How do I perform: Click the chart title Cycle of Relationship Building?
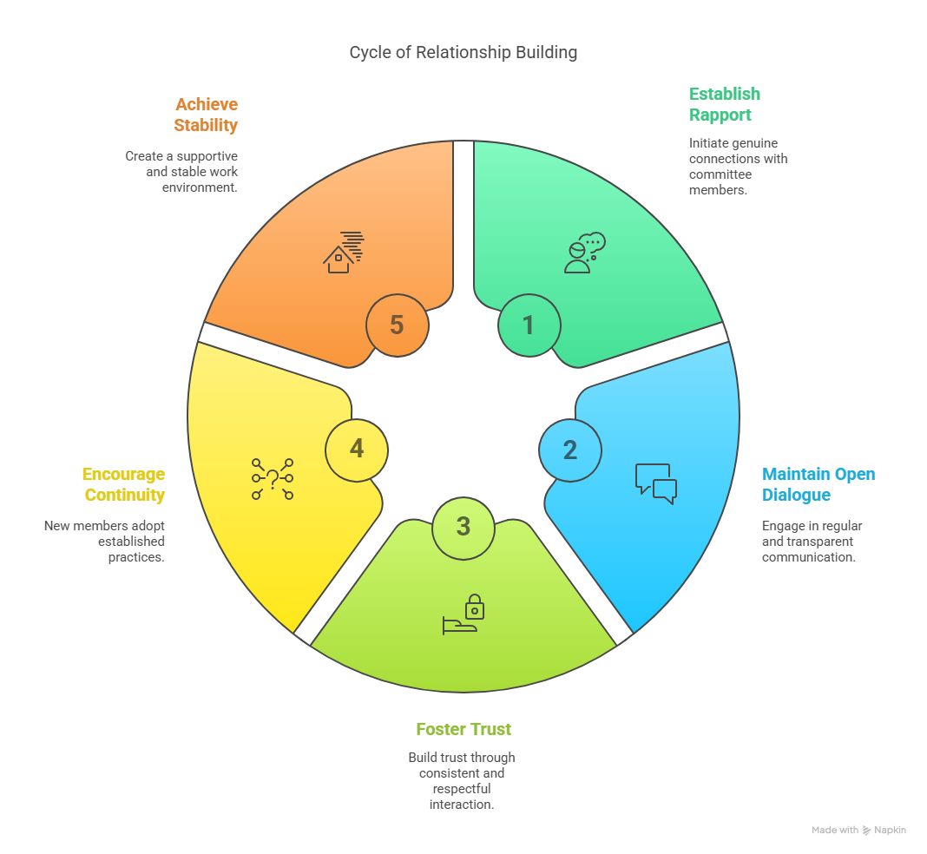pyautogui.click(x=463, y=52)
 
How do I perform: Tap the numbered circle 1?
pyautogui.click(x=529, y=325)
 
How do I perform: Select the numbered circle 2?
pyautogui.click(x=569, y=450)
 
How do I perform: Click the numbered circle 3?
pyautogui.click(x=463, y=527)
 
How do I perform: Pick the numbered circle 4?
pyautogui.click(x=356, y=449)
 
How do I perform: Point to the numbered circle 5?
pyautogui.click(x=397, y=325)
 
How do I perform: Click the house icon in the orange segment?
pyautogui.click(x=343, y=253)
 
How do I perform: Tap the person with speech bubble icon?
pyautogui.click(x=583, y=253)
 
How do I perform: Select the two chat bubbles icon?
pyautogui.click(x=655, y=483)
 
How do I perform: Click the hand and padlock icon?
pyautogui.click(x=462, y=614)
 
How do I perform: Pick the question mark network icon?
pyautogui.click(x=272, y=478)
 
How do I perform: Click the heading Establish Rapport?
pyautogui.click(x=724, y=104)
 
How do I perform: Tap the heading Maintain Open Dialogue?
pyautogui.click(x=818, y=484)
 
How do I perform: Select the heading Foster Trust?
pyautogui.click(x=463, y=729)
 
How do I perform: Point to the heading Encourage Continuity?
pyautogui.click(x=123, y=484)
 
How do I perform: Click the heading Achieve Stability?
pyautogui.click(x=205, y=115)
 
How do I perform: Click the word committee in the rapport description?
pyautogui.click(x=720, y=174)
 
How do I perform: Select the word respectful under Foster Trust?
pyautogui.click(x=461, y=788)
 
